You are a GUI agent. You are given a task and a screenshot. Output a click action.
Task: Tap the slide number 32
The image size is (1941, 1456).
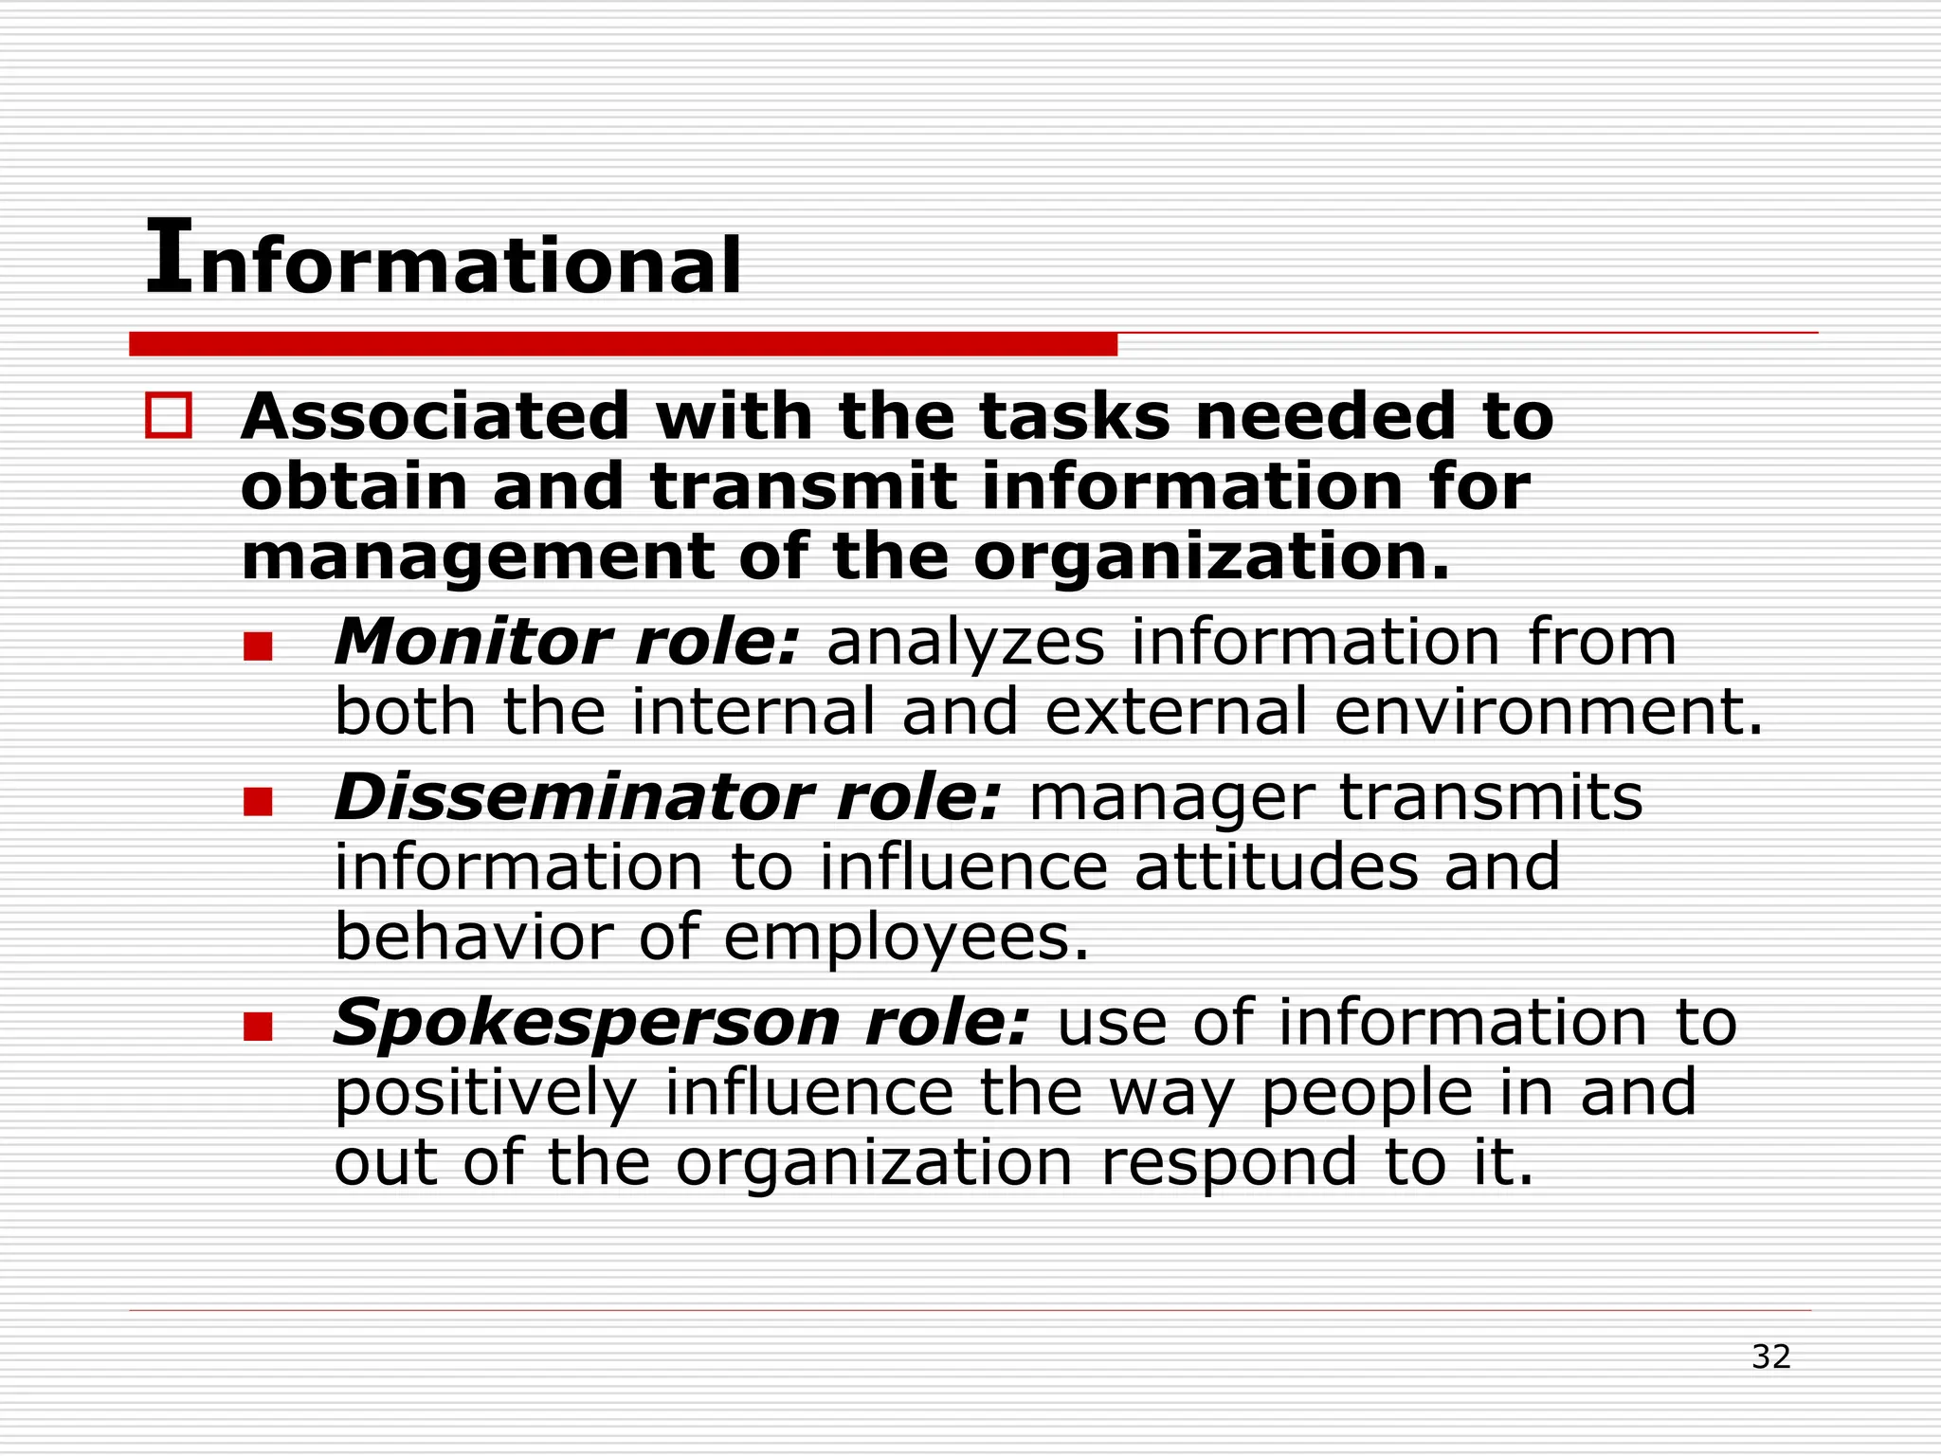click(x=1770, y=1356)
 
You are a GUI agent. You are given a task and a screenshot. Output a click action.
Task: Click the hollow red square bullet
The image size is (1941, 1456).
click(x=169, y=416)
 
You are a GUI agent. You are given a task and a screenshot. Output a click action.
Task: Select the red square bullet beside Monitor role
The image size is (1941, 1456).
click(x=258, y=647)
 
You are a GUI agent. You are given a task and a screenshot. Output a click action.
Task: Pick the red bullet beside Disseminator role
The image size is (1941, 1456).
click(x=258, y=802)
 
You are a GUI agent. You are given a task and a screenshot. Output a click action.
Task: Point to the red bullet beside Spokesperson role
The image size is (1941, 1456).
click(x=258, y=1027)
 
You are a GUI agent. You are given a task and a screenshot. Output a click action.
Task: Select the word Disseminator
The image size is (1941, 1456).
click(x=571, y=797)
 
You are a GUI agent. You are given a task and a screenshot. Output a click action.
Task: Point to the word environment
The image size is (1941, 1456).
click(x=1548, y=713)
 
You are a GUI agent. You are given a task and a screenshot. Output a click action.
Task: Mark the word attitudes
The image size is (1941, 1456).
click(x=1276, y=867)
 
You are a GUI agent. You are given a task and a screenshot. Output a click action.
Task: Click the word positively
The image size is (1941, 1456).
click(x=485, y=1094)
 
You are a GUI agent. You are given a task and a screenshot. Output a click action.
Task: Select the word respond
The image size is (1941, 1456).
click(x=1229, y=1164)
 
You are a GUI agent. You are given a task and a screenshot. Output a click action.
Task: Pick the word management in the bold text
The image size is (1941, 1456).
click(x=478, y=557)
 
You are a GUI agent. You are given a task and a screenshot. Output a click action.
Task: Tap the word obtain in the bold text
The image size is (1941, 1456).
click(x=354, y=487)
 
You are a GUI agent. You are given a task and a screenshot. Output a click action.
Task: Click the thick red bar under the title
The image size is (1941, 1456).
click(x=623, y=344)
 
